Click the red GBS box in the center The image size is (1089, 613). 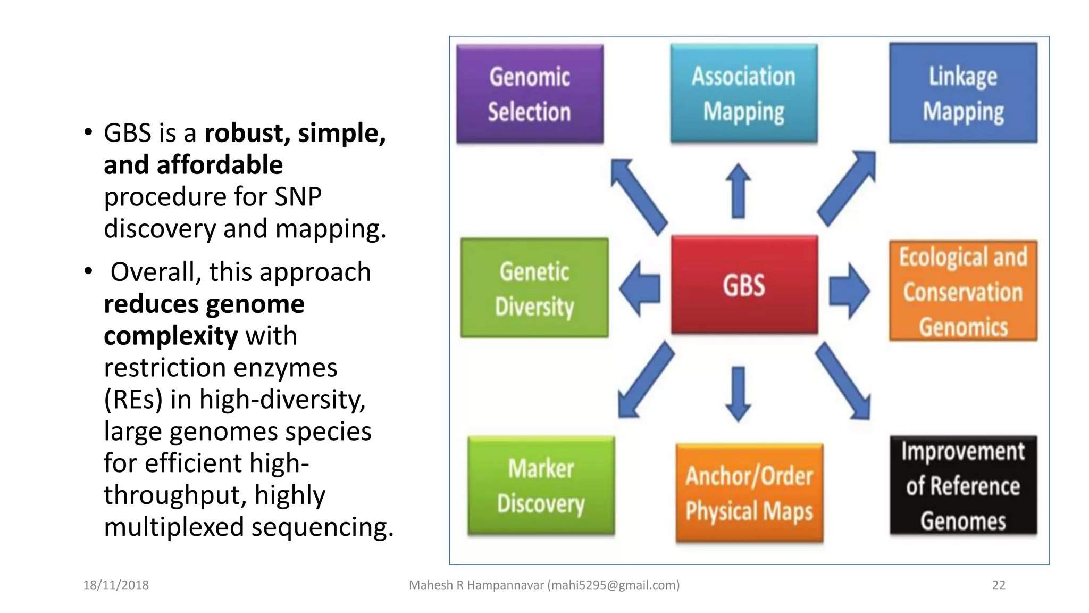tap(744, 285)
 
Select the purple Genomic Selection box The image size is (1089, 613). tap(530, 94)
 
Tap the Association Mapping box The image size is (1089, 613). tap(743, 94)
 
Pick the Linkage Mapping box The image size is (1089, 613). tap(963, 93)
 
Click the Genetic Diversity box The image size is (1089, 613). tap(534, 288)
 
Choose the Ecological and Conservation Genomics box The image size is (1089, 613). tap(963, 291)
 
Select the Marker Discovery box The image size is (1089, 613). tap(541, 485)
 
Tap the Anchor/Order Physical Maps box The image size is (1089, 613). tap(749, 492)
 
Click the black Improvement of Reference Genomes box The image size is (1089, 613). tap(963, 485)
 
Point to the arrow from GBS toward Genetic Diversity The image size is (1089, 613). tap(640, 289)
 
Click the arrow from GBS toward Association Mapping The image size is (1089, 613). tap(738, 191)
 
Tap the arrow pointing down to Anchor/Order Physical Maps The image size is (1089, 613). tap(738, 393)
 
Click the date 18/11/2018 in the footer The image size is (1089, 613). tap(116, 585)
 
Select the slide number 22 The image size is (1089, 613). tap(999, 585)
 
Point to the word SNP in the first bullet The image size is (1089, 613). tap(298, 196)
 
